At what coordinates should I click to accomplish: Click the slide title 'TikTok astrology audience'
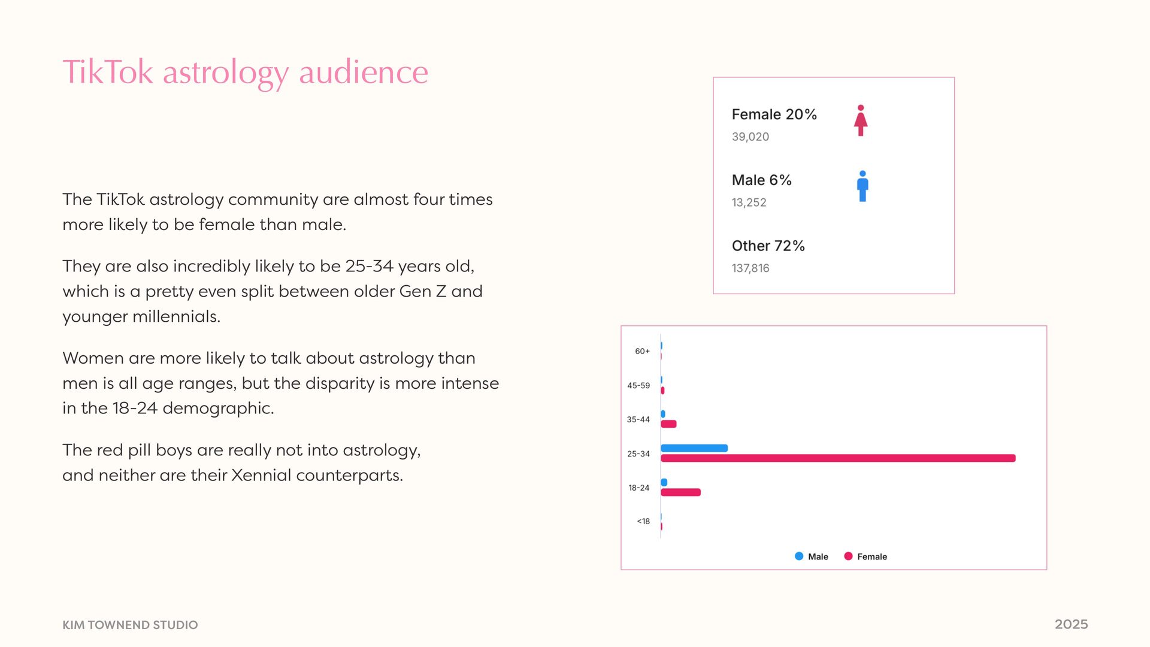(245, 72)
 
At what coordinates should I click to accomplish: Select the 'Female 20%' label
(774, 114)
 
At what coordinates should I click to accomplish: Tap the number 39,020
(750, 137)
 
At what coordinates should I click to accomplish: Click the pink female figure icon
(861, 120)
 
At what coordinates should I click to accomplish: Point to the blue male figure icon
(862, 186)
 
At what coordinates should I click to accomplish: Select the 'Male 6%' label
(761, 180)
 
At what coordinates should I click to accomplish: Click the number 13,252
(749, 202)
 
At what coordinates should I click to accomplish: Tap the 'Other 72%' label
(768, 246)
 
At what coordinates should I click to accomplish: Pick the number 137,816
(750, 268)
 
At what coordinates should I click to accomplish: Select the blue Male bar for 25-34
(694, 448)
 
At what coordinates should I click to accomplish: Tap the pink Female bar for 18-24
(680, 492)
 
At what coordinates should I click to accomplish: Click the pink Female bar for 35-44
(668, 424)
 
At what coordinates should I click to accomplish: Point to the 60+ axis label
(642, 352)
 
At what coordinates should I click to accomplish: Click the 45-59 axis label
(638, 386)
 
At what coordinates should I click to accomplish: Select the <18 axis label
(643, 522)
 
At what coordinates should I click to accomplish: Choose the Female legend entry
(865, 557)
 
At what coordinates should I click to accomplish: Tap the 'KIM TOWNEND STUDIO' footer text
(130, 625)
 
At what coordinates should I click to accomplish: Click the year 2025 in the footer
(1071, 624)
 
